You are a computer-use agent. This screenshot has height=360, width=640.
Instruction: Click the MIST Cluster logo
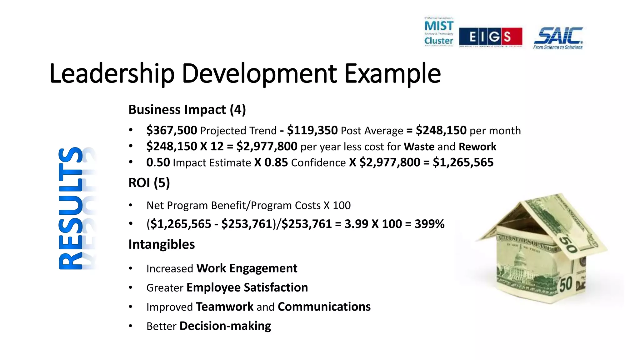(439, 32)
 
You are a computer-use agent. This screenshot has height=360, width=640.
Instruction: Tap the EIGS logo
(490, 37)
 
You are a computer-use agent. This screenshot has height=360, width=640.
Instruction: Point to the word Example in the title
(392, 74)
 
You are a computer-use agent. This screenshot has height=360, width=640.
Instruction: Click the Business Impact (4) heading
(187, 110)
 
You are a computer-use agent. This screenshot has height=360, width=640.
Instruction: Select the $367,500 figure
(172, 130)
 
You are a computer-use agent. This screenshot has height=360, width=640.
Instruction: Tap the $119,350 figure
(312, 130)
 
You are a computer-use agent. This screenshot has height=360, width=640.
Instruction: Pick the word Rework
(477, 147)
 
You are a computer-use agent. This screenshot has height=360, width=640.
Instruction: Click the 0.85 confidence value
(276, 162)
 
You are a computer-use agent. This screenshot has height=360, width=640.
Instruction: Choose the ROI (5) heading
(149, 183)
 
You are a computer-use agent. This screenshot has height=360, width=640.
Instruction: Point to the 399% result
(429, 224)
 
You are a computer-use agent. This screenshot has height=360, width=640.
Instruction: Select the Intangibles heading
(162, 244)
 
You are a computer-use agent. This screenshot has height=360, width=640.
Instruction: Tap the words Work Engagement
(247, 268)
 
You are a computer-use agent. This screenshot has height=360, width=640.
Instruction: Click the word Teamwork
(225, 307)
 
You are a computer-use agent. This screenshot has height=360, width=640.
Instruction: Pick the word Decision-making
(225, 326)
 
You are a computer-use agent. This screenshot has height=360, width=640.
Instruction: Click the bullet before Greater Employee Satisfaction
(131, 287)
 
